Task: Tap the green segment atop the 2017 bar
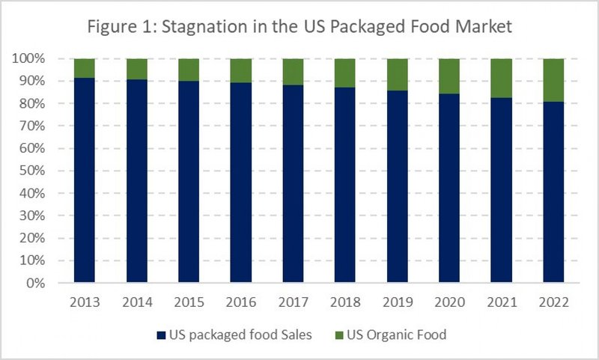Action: click(x=293, y=72)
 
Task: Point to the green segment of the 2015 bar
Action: click(x=189, y=70)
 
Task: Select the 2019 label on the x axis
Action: click(x=397, y=303)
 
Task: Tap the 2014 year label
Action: click(x=137, y=303)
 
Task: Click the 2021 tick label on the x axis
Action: click(x=500, y=303)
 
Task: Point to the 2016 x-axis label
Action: click(x=241, y=303)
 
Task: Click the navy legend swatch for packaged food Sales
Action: click(x=161, y=335)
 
